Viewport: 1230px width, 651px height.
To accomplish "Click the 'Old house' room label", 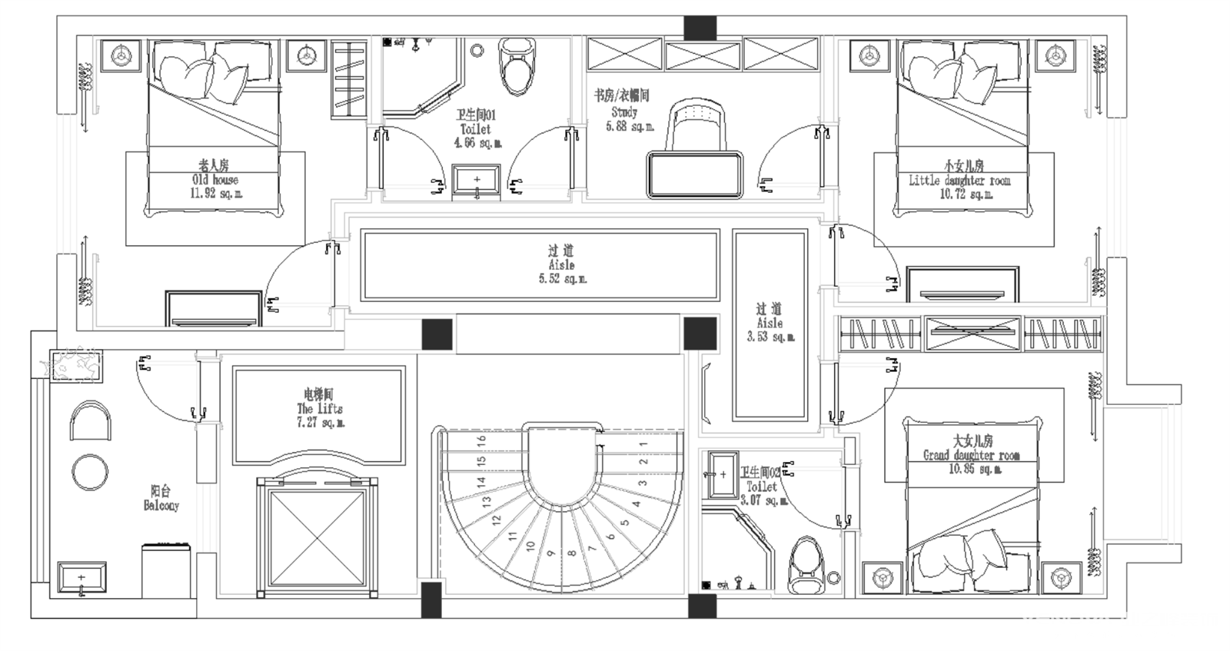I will pos(214,180).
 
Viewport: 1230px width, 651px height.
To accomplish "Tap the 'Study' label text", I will pos(623,112).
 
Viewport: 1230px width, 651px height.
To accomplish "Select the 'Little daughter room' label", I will pos(959,181).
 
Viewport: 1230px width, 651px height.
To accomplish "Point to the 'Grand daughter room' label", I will pos(971,455).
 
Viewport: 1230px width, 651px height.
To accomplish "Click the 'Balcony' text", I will pos(161,505).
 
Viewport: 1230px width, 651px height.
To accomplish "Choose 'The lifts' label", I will pos(320,409).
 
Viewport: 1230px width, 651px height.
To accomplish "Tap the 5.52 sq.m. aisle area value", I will pos(562,279).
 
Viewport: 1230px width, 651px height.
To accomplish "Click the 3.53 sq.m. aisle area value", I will pos(770,337).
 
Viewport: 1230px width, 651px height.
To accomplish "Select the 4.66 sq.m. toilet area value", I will pos(477,143).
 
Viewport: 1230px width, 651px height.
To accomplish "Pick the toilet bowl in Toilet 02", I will pos(805,566).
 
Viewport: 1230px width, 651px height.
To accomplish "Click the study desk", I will pos(695,174).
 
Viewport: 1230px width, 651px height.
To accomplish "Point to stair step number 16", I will pos(481,441).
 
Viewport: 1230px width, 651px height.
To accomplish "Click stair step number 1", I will pos(643,443).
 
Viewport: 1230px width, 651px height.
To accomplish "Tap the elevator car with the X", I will pos(317,538).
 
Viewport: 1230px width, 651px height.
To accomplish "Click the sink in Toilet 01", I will pos(477,181).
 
